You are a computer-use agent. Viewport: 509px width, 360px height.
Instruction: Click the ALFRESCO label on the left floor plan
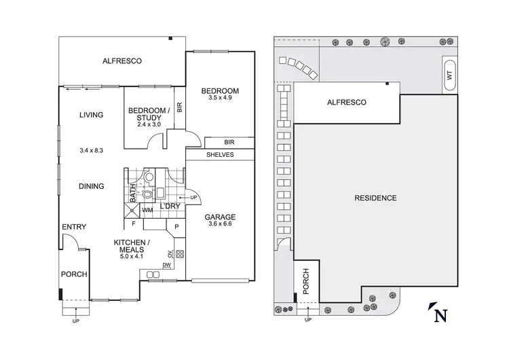(x=121, y=61)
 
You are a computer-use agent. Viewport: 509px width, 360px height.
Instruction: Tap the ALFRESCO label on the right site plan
(x=347, y=103)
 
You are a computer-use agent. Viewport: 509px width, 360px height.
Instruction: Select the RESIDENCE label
(x=375, y=198)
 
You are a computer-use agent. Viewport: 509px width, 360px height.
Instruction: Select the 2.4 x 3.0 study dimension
(x=149, y=125)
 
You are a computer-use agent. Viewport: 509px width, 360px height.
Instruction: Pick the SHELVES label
(x=220, y=156)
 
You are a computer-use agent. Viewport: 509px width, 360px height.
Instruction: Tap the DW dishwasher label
(x=167, y=265)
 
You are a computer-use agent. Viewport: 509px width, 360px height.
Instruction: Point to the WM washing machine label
(x=147, y=211)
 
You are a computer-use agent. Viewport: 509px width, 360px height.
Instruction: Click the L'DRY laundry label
(x=170, y=206)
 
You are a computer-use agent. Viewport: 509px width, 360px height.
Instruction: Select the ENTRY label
(x=73, y=227)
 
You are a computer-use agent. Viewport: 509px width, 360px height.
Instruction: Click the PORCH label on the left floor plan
(x=73, y=275)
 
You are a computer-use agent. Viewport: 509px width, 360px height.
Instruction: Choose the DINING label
(x=91, y=186)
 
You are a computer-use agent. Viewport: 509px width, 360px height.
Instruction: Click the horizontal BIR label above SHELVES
(x=229, y=143)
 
